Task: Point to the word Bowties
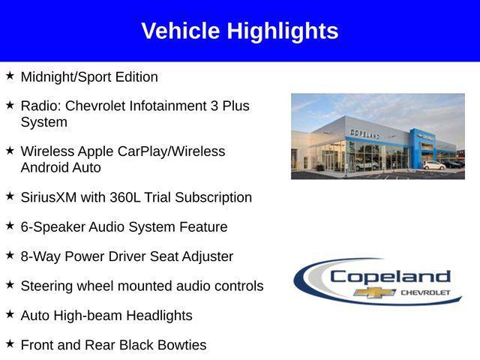pos(180,345)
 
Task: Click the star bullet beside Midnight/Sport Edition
pos(10,76)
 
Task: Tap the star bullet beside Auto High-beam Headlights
pos(10,314)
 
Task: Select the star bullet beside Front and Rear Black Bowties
pos(10,343)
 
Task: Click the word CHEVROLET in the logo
pos(425,291)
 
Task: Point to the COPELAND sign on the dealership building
pos(364,133)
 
